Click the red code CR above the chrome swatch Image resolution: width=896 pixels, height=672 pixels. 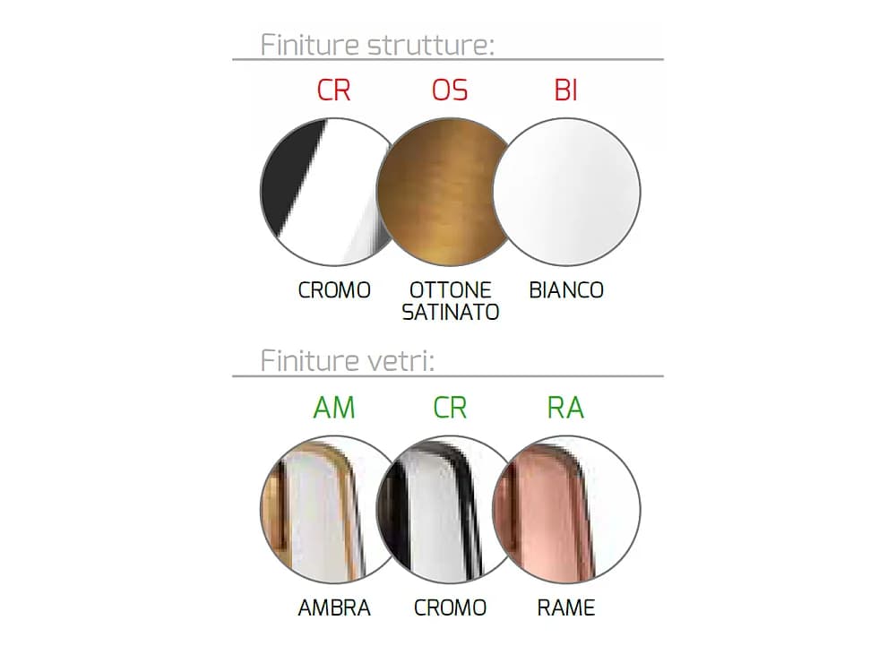tap(333, 90)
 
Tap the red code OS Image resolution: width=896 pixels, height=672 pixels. tap(450, 90)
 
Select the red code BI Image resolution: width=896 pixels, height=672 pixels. tap(565, 90)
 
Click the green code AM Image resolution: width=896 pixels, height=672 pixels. tap(334, 408)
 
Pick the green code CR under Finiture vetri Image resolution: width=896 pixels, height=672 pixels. tap(450, 408)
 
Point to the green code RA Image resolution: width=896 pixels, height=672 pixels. tap(565, 408)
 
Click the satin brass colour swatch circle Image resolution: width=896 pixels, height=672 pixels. tap(450, 192)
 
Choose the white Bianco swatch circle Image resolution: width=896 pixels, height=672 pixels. tap(567, 192)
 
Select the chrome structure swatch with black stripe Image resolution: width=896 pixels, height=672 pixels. tap(333, 192)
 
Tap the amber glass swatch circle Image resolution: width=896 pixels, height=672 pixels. tap(333, 510)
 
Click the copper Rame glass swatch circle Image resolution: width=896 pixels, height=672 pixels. tap(567, 510)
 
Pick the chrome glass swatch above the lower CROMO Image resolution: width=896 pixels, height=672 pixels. tap(450, 510)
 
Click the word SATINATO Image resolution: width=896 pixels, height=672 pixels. tap(451, 312)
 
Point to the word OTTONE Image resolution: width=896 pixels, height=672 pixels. tap(451, 290)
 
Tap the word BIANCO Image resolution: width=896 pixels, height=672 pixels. tap(566, 290)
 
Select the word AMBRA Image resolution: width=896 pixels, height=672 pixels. tap(334, 608)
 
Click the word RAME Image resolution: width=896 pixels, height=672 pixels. tap(566, 608)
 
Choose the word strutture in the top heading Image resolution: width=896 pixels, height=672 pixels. tap(431, 45)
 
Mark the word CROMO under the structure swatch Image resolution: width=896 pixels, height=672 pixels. tap(334, 290)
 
